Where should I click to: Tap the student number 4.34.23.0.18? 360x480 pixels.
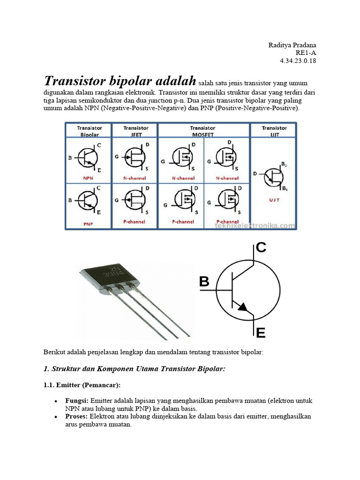point(298,61)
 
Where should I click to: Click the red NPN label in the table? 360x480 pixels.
point(88,178)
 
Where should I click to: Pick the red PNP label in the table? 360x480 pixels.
point(88,224)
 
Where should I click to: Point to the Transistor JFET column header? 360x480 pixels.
point(135,130)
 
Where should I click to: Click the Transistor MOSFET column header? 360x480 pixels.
point(203,130)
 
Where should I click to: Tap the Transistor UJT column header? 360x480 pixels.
point(274,130)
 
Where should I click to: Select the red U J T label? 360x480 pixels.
point(275,199)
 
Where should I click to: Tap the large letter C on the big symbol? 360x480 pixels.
point(261,247)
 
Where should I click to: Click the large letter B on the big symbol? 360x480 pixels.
point(204,282)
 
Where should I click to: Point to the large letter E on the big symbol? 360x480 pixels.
point(261,333)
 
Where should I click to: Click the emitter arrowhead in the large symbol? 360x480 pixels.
point(243,307)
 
